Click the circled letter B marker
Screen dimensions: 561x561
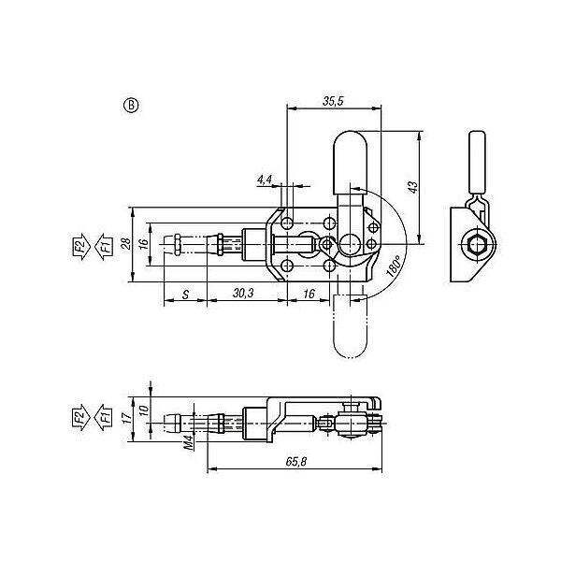coord(131,106)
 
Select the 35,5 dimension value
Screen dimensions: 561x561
coord(333,101)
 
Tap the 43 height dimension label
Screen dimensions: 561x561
coord(413,187)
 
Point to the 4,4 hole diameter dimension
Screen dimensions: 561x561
coord(265,180)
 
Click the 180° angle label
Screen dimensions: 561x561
coord(394,266)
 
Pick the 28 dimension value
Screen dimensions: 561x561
coord(125,244)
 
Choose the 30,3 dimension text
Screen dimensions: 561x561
coord(243,294)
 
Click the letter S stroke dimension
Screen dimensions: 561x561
coord(185,295)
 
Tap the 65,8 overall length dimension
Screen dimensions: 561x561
coord(296,462)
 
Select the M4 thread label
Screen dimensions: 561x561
coord(189,442)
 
